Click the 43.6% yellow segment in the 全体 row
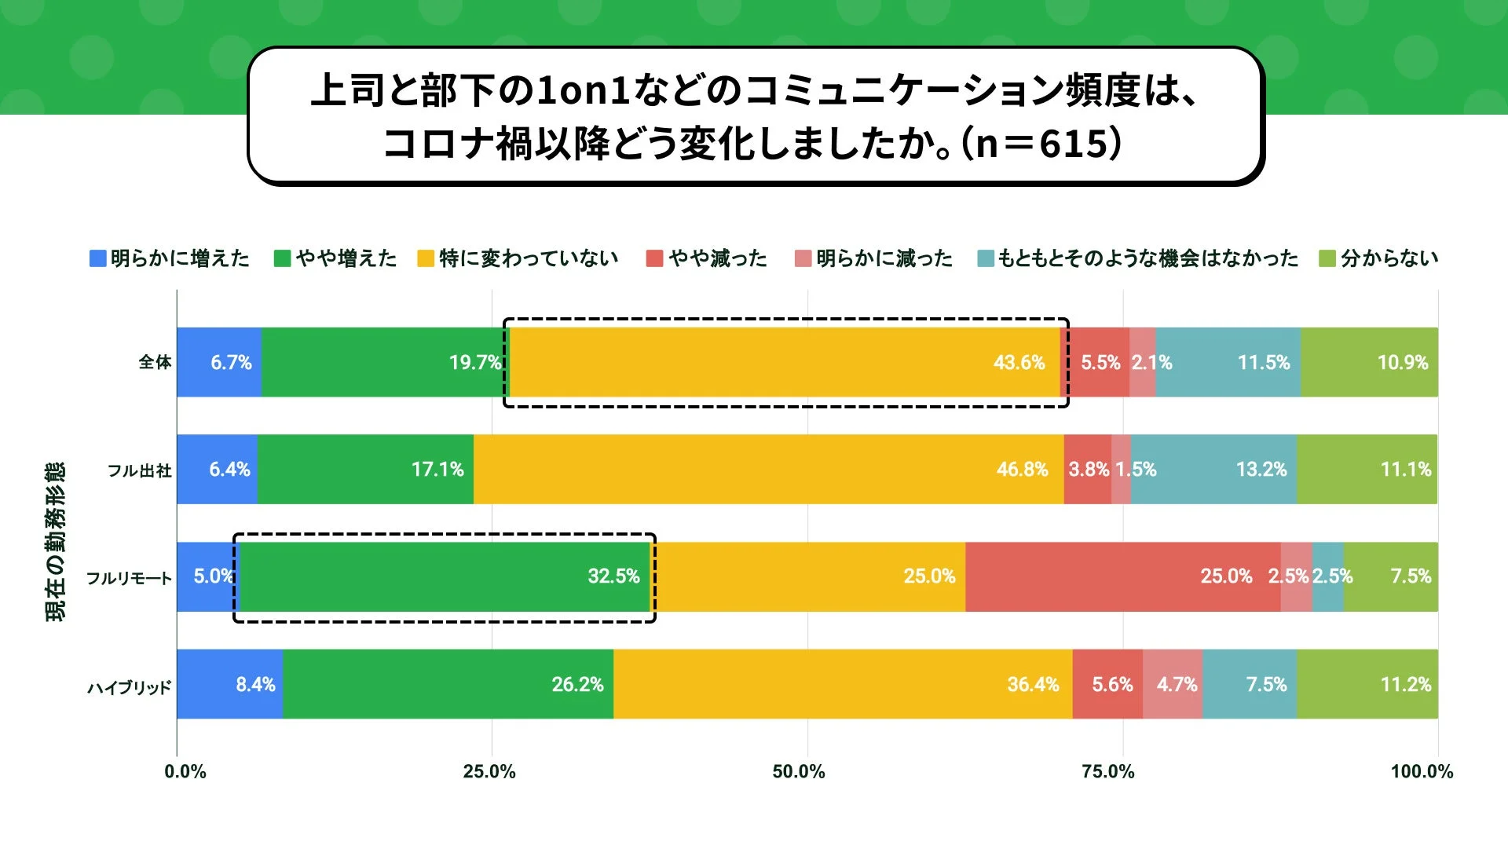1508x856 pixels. point(785,362)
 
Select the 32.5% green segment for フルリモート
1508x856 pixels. point(445,576)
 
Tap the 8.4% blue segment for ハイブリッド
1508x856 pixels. point(229,684)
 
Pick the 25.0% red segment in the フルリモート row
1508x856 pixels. point(1123,576)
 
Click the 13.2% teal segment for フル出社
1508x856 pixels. point(1213,470)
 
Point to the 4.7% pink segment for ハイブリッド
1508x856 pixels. point(1173,684)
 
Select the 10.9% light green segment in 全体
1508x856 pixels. point(1369,362)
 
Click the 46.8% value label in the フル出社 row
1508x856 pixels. point(1022,470)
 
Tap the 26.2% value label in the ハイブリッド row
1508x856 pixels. point(577,684)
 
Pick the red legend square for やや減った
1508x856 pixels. point(654,258)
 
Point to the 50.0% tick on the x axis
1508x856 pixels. point(799,771)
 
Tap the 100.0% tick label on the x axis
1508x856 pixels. point(1421,771)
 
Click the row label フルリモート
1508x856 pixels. point(129,578)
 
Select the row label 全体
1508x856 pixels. point(155,362)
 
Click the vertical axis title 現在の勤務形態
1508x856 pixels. point(55,542)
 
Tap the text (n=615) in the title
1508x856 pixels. point(1041,144)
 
